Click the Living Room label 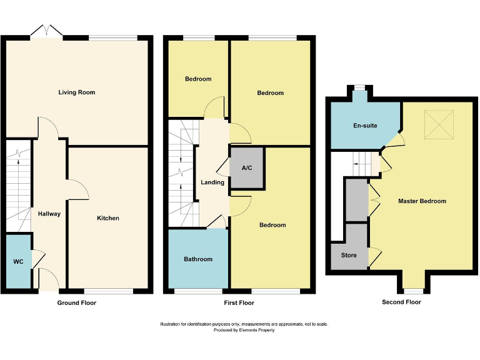point(76,92)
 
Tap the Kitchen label point(107,218)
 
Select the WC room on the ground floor point(17,261)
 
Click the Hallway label point(49,214)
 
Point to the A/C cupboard point(246,167)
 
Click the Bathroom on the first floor point(197,259)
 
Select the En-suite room point(364,126)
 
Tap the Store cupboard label point(349,255)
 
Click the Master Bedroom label point(422,201)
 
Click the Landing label point(212,182)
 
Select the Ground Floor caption point(76,302)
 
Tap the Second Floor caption point(401,302)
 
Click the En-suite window point(359,87)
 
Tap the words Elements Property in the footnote point(257,330)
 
